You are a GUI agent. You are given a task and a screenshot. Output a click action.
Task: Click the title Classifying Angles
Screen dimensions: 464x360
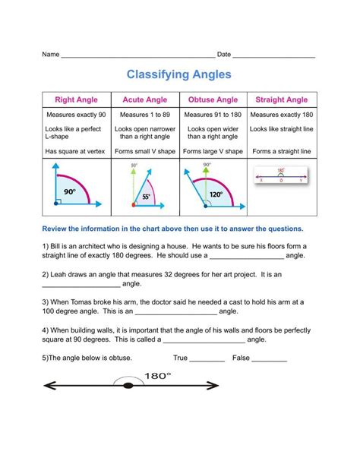point(179,75)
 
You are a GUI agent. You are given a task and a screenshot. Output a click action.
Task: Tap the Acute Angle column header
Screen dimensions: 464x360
point(144,99)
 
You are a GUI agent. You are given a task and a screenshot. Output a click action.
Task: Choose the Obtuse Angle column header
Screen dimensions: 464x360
point(213,99)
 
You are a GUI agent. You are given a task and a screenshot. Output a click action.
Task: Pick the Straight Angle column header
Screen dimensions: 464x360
point(282,99)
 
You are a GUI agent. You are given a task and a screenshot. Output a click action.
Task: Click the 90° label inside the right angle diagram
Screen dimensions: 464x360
point(70,192)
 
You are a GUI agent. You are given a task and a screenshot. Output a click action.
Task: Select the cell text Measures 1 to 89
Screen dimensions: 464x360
point(144,114)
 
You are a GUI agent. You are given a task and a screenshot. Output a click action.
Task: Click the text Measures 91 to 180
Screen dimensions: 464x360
point(213,114)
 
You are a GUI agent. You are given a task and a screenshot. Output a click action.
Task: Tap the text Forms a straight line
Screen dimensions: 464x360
point(282,151)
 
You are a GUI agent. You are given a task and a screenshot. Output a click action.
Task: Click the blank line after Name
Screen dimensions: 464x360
point(137,56)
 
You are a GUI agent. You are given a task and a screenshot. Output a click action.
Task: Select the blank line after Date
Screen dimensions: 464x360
point(274,56)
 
